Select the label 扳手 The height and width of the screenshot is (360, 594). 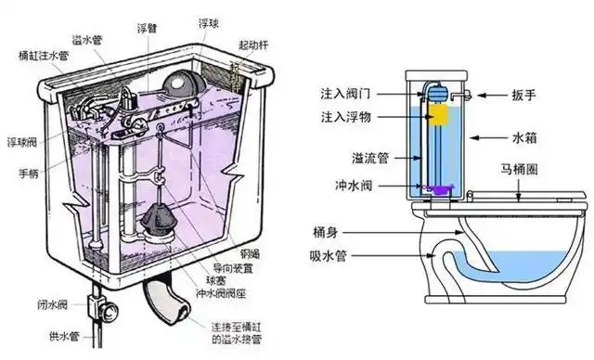(x=523, y=95)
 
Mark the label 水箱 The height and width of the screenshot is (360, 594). (x=523, y=137)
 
